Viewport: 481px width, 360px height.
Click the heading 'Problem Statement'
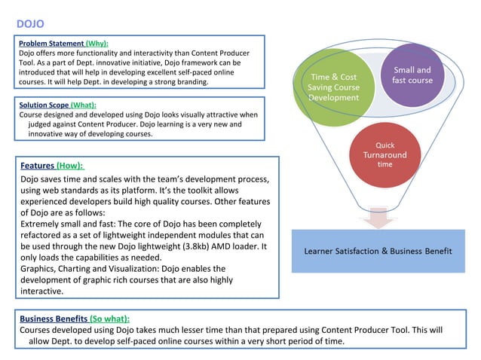point(51,44)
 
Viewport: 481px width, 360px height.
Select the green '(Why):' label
point(97,44)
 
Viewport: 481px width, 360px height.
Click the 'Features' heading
point(37,165)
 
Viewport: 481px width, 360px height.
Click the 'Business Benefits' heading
point(54,319)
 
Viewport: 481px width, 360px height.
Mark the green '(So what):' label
point(109,319)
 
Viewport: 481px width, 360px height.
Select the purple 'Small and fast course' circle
point(412,76)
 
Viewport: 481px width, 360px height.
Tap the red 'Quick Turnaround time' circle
point(384,154)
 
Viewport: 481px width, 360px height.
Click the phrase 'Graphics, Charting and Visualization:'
point(90,268)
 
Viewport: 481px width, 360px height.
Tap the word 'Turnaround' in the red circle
point(384,154)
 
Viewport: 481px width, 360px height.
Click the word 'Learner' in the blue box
point(323,250)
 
